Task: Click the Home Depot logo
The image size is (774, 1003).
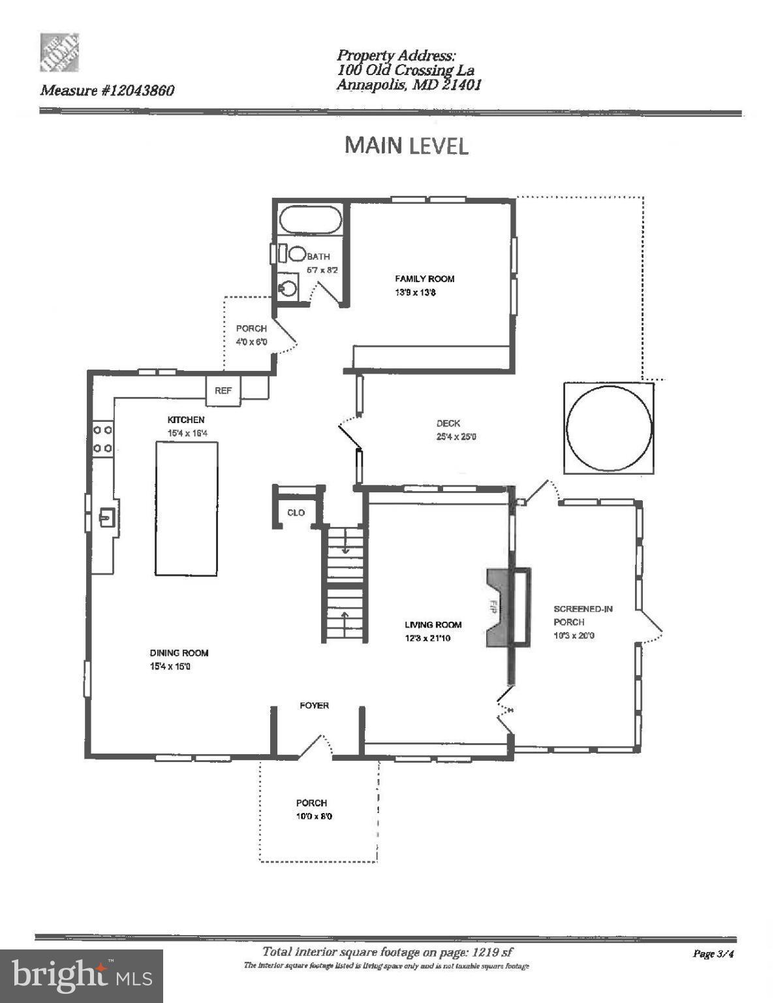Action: coord(60,52)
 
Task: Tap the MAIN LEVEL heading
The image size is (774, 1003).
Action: coord(406,145)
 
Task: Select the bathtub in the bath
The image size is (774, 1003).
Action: coord(311,219)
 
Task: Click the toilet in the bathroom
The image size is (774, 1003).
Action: coord(296,254)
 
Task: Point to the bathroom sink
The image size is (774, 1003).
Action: coord(287,287)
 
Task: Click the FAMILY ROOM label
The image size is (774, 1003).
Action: coord(424,279)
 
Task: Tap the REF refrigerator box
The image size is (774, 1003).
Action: coord(223,390)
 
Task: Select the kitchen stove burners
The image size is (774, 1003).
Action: coord(102,439)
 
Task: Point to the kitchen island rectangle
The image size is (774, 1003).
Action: coord(186,508)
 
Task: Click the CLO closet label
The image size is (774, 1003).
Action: coord(296,513)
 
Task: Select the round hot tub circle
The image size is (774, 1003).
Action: coord(608,428)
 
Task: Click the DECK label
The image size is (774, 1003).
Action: coord(448,423)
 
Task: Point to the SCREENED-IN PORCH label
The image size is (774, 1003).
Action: coord(582,615)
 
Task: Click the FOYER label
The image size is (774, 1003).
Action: coord(314,705)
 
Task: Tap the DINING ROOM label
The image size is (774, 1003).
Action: coord(179,652)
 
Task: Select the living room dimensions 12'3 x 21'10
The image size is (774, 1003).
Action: coord(427,638)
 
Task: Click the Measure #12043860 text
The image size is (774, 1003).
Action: coord(108,91)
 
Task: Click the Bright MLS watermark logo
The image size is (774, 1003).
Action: coord(82,976)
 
